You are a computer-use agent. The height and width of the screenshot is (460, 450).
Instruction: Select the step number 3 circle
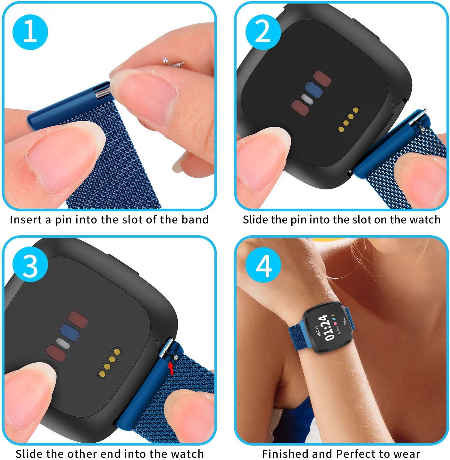30,265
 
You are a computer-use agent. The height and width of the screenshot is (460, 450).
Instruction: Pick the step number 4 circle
263,265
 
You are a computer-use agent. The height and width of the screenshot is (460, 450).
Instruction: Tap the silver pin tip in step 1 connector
103,93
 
